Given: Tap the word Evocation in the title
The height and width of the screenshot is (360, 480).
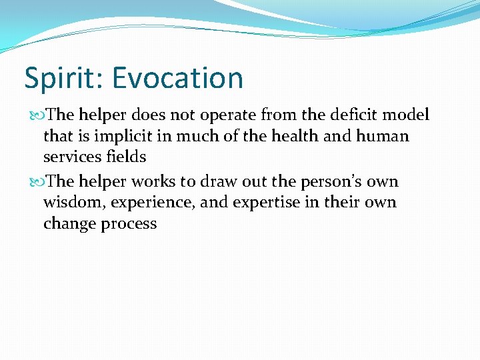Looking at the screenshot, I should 178,77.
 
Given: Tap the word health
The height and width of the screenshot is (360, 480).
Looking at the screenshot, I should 291,137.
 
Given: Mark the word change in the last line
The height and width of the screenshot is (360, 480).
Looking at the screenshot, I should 70,224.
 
